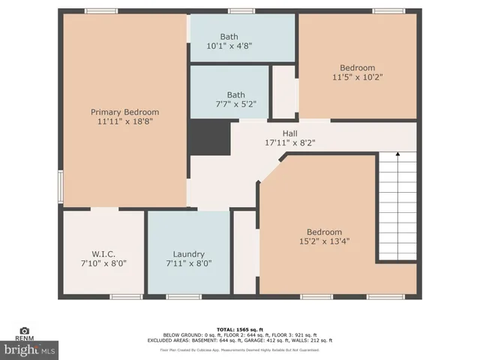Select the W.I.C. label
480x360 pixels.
tap(103, 254)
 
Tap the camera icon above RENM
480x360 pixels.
tap(24, 331)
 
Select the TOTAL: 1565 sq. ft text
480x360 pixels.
tap(240, 329)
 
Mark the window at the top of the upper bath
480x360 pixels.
tap(239, 11)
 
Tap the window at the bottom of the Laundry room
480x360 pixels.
tap(183, 297)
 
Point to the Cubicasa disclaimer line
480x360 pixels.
tap(240, 349)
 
